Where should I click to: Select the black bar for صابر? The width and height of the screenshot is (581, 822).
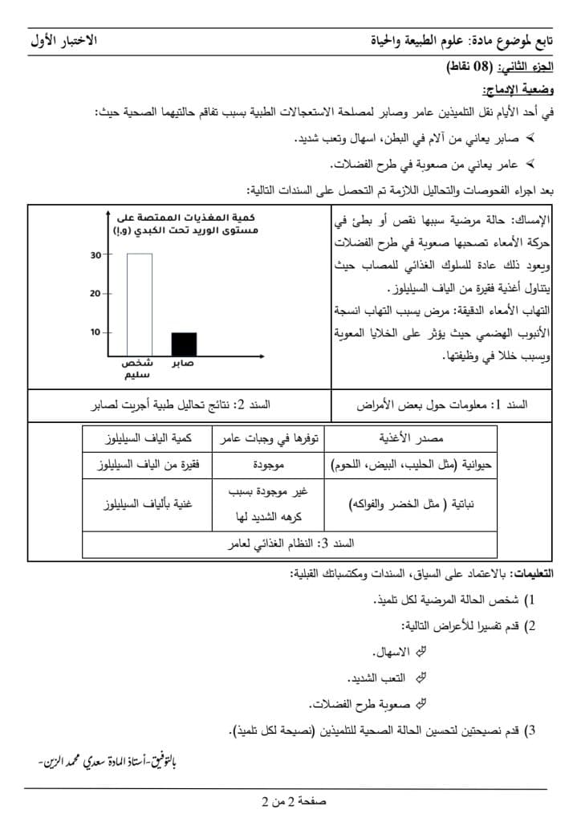(x=184, y=343)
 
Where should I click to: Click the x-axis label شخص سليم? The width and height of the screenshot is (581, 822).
(x=138, y=368)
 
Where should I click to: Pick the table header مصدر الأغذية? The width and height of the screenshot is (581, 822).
(x=410, y=439)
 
